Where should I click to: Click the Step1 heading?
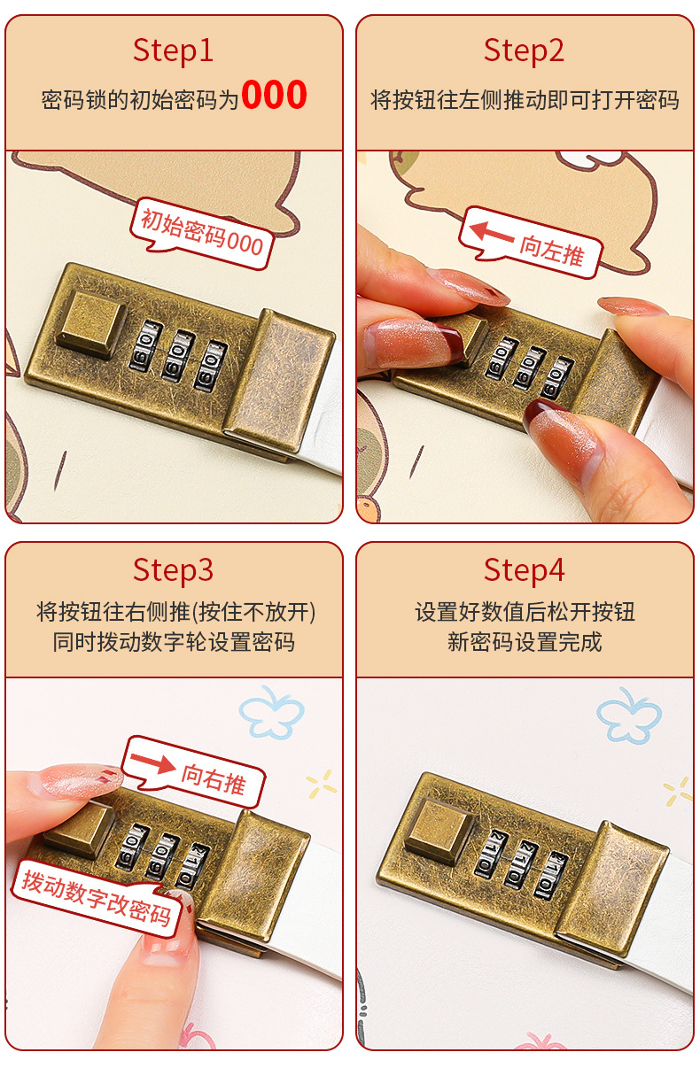[x=174, y=50]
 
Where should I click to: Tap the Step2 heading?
[x=524, y=50]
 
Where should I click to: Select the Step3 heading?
[x=174, y=570]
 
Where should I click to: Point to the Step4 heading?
[x=524, y=570]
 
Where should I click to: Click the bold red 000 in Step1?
[x=274, y=96]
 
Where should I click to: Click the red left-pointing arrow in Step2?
[x=491, y=234]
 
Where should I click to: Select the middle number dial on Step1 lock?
[x=178, y=355]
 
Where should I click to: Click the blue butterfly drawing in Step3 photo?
[x=272, y=711]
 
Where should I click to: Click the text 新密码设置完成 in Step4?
[x=524, y=642]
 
